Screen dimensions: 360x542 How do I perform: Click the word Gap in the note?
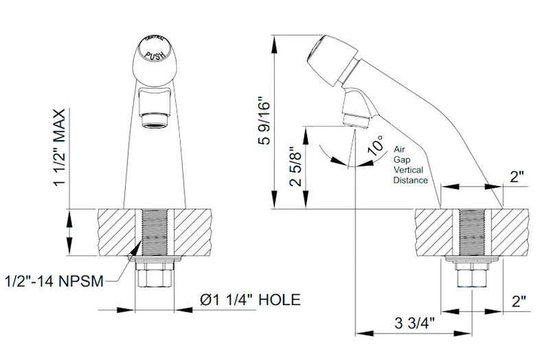pyautogui.click(x=403, y=160)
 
